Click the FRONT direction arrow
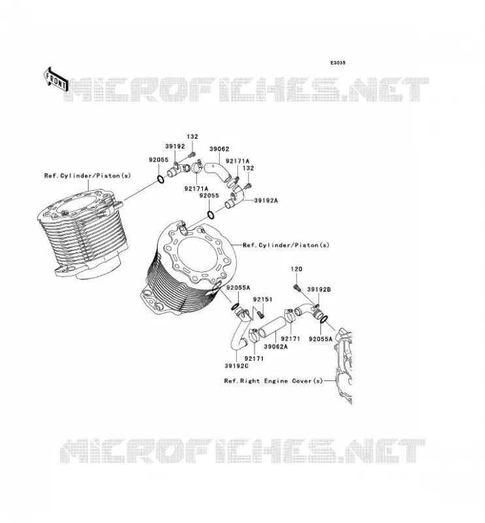pos(56,80)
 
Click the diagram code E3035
pos(337,63)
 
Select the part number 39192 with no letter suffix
pos(175,146)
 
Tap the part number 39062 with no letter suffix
pos(219,149)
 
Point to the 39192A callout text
pos(265,201)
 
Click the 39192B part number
pos(318,290)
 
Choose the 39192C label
pos(236,366)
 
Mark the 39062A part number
pos(276,346)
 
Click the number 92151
pos(263,299)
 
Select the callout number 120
pos(296,269)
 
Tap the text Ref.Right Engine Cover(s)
pos(273,381)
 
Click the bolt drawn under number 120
pos(297,287)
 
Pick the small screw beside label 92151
pos(261,314)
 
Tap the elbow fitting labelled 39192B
pos(308,310)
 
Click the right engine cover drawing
pos(343,366)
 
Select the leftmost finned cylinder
pos(82,234)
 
